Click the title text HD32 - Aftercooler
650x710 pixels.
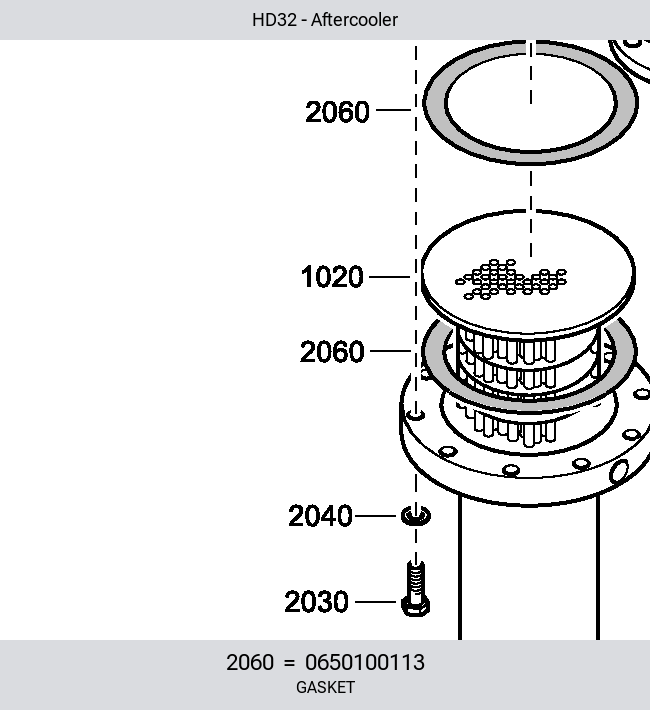pyautogui.click(x=325, y=20)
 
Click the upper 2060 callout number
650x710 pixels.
pyautogui.click(x=337, y=112)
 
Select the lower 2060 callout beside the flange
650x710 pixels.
pyautogui.click(x=332, y=351)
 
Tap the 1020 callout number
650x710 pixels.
pyautogui.click(x=332, y=277)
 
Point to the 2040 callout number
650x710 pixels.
pyautogui.click(x=320, y=516)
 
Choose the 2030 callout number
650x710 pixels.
pyautogui.click(x=317, y=602)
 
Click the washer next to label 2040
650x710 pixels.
pyautogui.click(x=416, y=516)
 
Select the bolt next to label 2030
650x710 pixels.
pyautogui.click(x=416, y=588)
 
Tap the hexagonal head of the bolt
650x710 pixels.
pyautogui.click(x=416, y=606)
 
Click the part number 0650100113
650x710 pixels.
pyautogui.click(x=365, y=662)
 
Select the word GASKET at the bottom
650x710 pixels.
pyautogui.click(x=325, y=687)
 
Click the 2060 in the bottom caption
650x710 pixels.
pyautogui.click(x=250, y=662)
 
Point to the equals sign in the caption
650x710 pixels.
pyautogui.click(x=289, y=663)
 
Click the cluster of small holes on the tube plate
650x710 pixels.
pyautogui.click(x=511, y=279)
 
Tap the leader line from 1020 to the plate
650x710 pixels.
pyautogui.click(x=390, y=277)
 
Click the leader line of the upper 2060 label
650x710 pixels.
pyautogui.click(x=394, y=110)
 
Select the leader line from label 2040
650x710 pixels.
pyautogui.click(x=376, y=516)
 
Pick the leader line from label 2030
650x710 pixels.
pyautogui.click(x=376, y=602)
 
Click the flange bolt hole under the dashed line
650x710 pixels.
pyautogui.click(x=416, y=414)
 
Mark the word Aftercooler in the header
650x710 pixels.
pyautogui.click(x=354, y=20)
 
